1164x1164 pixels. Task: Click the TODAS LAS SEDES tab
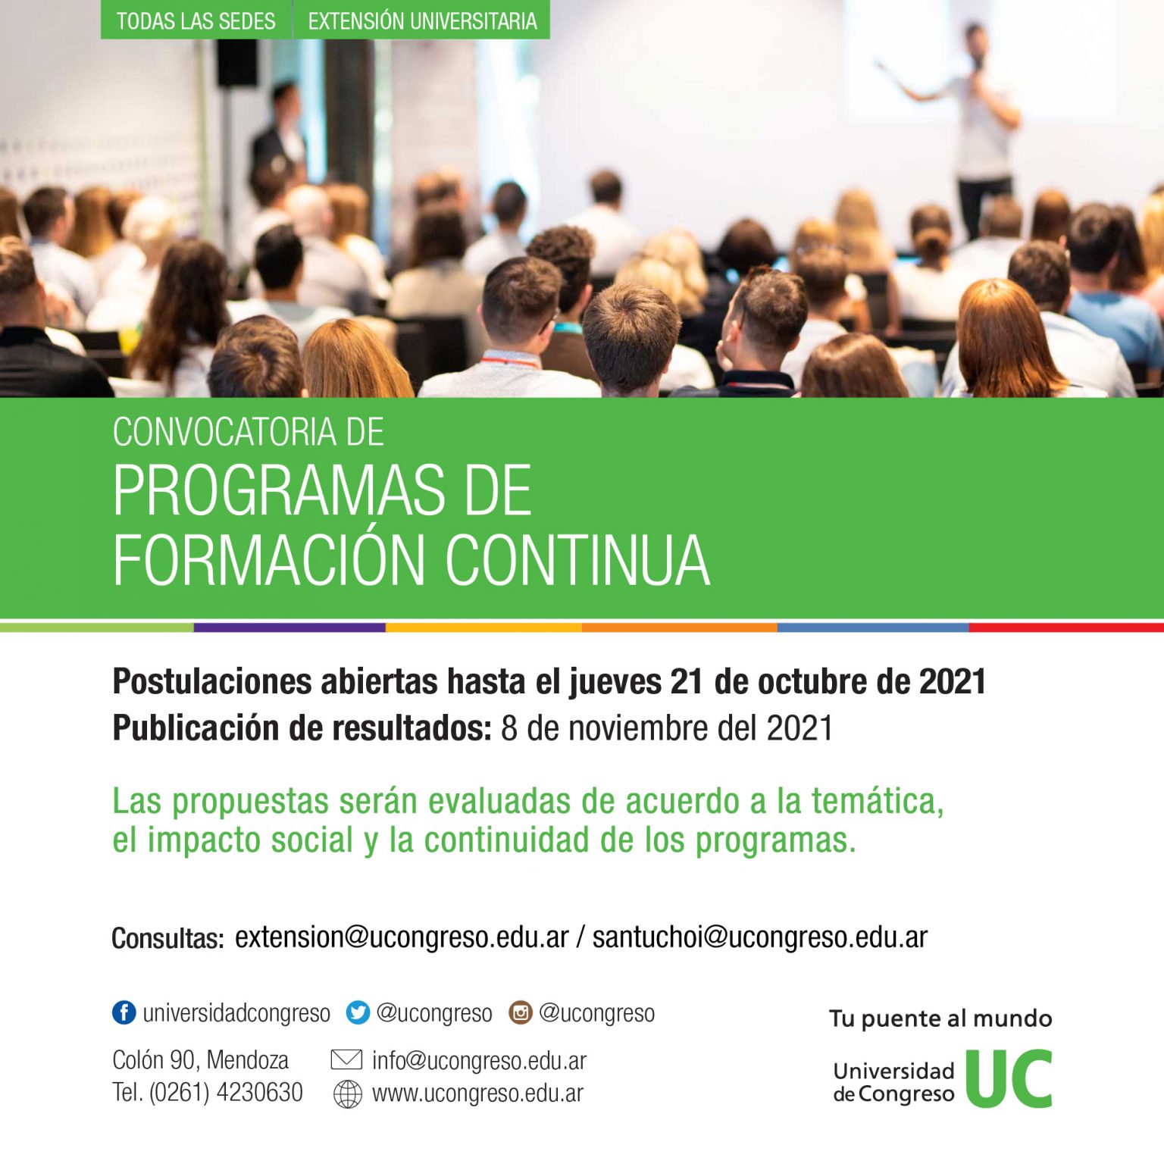click(196, 20)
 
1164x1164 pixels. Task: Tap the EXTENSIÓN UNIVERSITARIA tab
click(422, 20)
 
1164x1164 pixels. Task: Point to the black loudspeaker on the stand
click(237, 63)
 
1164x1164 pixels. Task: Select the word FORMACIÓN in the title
click(269, 560)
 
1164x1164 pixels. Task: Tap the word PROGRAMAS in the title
click(280, 490)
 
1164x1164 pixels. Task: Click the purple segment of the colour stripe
click(289, 627)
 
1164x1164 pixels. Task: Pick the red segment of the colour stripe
click(1066, 627)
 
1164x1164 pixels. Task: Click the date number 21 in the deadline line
click(687, 682)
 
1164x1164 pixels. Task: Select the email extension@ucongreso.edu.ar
click(402, 937)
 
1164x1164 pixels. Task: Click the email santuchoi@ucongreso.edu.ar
click(760, 937)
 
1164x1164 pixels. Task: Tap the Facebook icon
click(124, 1012)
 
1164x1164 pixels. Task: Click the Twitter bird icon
click(358, 1012)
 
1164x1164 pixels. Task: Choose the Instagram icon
click(521, 1012)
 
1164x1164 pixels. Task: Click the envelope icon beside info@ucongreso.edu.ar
click(347, 1059)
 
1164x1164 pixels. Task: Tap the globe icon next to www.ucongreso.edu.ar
click(348, 1094)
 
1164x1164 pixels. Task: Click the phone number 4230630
click(259, 1093)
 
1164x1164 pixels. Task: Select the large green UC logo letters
click(1009, 1078)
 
